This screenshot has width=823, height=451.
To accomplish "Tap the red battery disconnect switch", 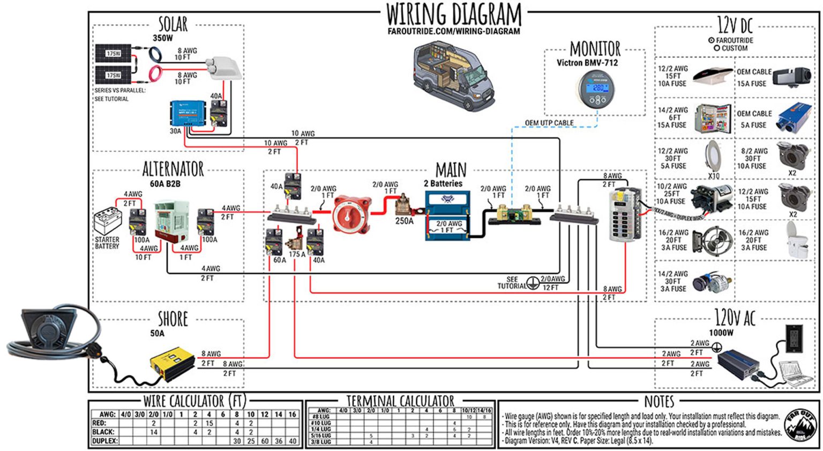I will click(351, 215).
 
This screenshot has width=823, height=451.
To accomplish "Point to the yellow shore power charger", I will click(171, 363).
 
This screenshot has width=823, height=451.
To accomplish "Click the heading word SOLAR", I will click(173, 24).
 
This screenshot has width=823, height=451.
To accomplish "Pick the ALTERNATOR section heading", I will click(173, 169).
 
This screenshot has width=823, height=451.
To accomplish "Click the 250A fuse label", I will click(404, 221).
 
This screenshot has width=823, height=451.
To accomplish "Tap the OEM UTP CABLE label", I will click(549, 123).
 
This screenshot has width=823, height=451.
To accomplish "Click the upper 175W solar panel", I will click(113, 53).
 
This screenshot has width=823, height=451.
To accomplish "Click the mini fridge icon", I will click(712, 118).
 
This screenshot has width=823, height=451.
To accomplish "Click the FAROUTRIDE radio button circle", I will click(711, 40).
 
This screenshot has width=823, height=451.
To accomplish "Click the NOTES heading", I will click(659, 402).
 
